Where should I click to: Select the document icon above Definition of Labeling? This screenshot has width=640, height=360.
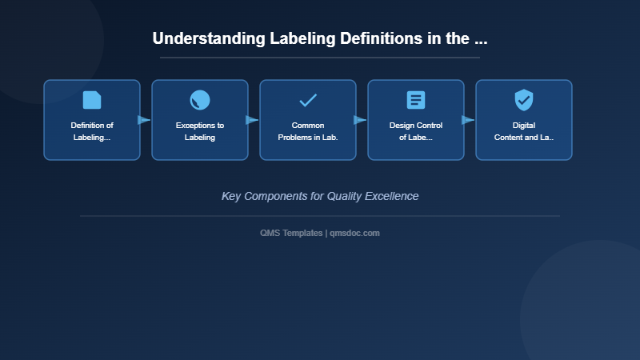(x=92, y=100)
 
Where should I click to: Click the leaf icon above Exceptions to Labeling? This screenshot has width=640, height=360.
(x=200, y=100)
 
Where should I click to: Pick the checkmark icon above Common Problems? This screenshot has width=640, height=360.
(x=308, y=100)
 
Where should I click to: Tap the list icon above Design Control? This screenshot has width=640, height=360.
(x=416, y=100)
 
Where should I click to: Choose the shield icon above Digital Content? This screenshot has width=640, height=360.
(x=524, y=100)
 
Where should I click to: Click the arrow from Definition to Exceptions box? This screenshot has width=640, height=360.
(x=145, y=120)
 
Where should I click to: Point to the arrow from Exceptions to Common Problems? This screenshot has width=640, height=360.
(x=253, y=120)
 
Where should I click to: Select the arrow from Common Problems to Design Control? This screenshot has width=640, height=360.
(x=361, y=120)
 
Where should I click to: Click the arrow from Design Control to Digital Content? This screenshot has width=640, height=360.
(x=469, y=120)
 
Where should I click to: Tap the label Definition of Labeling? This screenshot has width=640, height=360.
(x=92, y=131)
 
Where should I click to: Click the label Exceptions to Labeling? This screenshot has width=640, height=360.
(x=200, y=131)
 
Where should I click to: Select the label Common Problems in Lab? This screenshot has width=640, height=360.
(x=308, y=131)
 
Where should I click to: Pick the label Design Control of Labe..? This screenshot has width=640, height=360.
(x=416, y=131)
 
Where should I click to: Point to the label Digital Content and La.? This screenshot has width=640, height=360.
(x=524, y=131)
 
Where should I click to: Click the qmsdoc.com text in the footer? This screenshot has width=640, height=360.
(x=355, y=233)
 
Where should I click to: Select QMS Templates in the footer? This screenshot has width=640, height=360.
(x=291, y=233)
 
